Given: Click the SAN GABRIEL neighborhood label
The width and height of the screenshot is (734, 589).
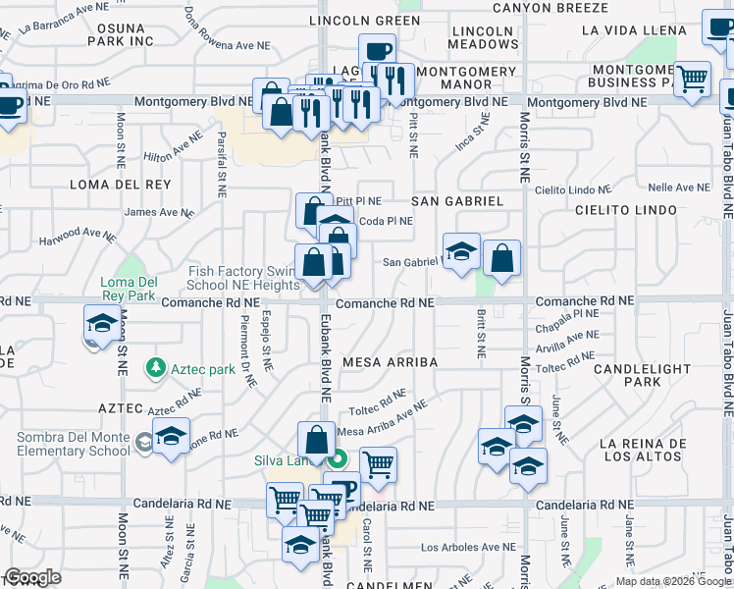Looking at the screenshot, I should coord(456,201).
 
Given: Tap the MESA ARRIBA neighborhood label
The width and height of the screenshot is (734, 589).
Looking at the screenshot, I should coord(390,362).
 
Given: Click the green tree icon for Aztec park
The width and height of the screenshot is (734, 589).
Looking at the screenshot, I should coord(154,368).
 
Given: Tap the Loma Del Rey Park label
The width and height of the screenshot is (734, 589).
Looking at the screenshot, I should coord(129,286).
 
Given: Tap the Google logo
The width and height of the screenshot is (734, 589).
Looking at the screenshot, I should coord(32,577).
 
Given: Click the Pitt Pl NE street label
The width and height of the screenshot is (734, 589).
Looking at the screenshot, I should coord(358,200).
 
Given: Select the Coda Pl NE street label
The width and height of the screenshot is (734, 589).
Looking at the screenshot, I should coord(386,221).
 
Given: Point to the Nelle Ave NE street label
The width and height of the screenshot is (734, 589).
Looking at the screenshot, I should coord(678,187).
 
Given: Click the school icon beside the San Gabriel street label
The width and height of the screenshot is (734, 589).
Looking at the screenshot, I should coord(460,251).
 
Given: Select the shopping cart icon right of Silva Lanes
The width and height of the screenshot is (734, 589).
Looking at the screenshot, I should coord(378,464).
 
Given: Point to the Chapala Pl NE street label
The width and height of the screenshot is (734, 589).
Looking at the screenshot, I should coord(567,313).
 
